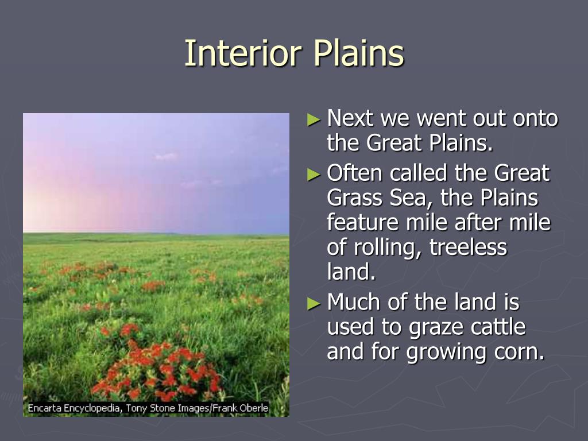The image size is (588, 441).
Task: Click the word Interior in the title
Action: [x=243, y=53]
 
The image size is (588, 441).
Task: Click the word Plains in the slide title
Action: [x=359, y=53]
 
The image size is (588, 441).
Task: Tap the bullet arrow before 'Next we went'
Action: [x=314, y=119]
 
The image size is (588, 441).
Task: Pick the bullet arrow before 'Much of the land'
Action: [x=314, y=304]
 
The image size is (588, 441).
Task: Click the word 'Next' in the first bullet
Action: [x=350, y=118]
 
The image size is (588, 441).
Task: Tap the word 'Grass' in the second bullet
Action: [x=355, y=198]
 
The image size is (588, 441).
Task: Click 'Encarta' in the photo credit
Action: [x=44, y=408]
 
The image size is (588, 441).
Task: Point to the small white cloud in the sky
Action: [x=166, y=156]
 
